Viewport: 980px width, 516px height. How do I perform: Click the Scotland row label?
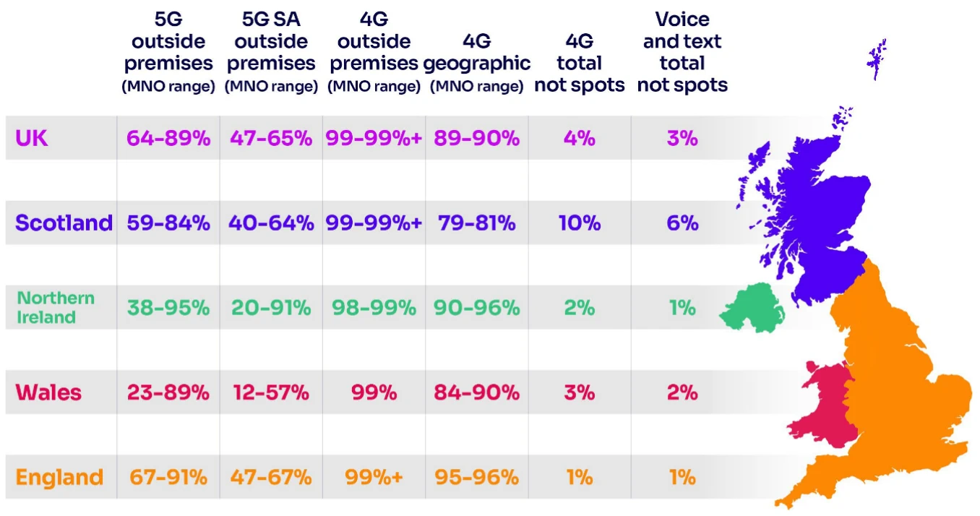[x=64, y=223]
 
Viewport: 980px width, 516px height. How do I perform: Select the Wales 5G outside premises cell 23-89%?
[x=168, y=392]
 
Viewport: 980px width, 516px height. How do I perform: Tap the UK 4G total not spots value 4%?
[x=579, y=138]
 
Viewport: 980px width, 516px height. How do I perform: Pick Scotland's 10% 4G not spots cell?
[x=579, y=223]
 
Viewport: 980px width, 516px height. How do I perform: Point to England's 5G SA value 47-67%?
[x=271, y=477]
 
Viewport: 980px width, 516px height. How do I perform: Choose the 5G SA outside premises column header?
[x=271, y=53]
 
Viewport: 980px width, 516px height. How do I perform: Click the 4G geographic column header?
[x=476, y=64]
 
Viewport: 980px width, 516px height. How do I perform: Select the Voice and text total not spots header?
[x=682, y=53]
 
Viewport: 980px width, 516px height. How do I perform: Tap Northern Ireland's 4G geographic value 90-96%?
[x=476, y=308]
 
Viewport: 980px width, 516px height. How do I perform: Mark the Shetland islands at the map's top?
[x=876, y=59]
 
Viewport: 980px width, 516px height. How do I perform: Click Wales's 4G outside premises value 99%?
[x=374, y=392]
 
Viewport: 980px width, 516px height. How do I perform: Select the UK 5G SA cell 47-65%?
[x=271, y=138]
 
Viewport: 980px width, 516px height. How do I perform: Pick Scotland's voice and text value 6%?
[x=682, y=223]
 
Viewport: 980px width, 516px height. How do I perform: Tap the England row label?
[x=59, y=477]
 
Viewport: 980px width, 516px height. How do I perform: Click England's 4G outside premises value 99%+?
[x=374, y=477]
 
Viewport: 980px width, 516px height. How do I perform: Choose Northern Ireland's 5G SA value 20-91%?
[x=271, y=308]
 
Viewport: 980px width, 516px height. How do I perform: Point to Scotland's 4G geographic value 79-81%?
[x=476, y=223]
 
